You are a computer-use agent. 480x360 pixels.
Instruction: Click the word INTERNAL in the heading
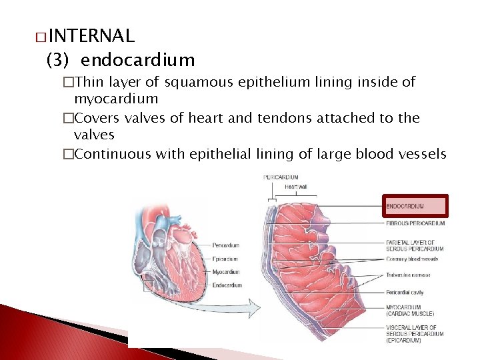pyautogui.click(x=91, y=35)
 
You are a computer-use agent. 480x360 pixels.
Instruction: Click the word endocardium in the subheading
pyautogui.click(x=138, y=60)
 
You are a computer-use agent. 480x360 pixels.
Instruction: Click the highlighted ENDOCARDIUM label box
pyautogui.click(x=415, y=206)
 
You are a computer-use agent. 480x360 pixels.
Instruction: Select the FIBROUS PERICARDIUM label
pyautogui.click(x=415, y=223)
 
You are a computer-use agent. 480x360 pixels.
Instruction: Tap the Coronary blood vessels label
pyautogui.click(x=412, y=259)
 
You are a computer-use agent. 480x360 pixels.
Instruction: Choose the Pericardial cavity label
pyautogui.click(x=405, y=292)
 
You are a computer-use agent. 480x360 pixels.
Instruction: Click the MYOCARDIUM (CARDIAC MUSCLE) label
pyautogui.click(x=410, y=310)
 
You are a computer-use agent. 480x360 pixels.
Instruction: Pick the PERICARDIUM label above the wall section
pyautogui.click(x=281, y=177)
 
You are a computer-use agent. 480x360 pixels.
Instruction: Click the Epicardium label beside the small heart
pyautogui.click(x=226, y=259)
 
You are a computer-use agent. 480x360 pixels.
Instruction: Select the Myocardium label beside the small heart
pyautogui.click(x=227, y=272)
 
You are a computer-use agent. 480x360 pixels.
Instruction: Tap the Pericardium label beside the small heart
pyautogui.click(x=227, y=245)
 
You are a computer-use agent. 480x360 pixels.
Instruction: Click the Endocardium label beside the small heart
pyautogui.click(x=227, y=285)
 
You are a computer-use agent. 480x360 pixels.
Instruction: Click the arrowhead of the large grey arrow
pyautogui.click(x=254, y=308)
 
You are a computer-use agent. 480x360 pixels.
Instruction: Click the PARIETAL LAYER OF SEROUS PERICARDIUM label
pyautogui.click(x=411, y=245)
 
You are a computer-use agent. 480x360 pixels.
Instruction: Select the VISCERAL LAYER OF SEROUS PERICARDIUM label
pyautogui.click(x=411, y=333)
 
